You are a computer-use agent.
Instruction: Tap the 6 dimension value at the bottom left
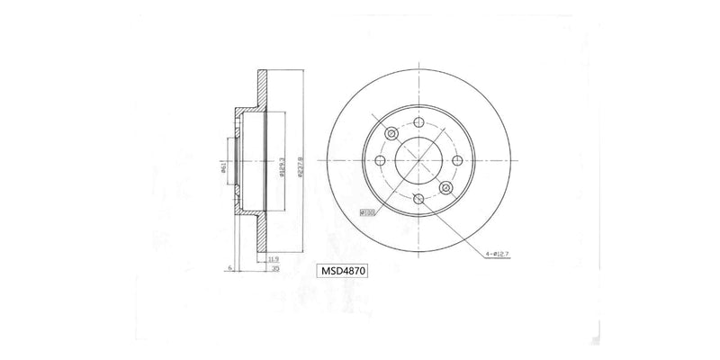tap(231, 268)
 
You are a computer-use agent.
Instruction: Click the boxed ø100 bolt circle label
tap(367, 212)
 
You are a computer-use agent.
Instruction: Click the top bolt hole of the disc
tap(418, 121)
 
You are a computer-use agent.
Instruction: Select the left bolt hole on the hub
tap(379, 161)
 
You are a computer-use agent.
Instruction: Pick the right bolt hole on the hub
tap(457, 161)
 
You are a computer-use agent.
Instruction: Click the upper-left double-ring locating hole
tap(391, 134)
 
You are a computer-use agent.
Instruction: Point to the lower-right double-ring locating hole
tap(445, 188)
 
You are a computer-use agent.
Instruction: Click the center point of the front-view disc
tap(418, 161)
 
